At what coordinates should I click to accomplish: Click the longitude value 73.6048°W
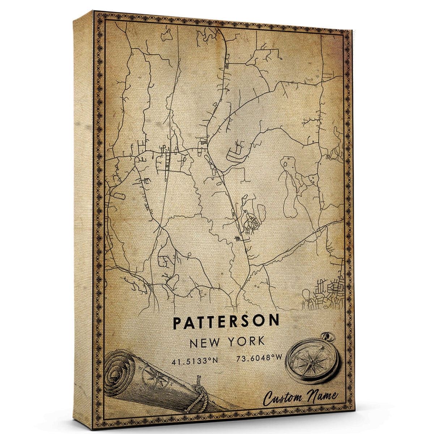click(x=259, y=360)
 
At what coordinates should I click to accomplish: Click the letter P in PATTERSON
click(x=177, y=322)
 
